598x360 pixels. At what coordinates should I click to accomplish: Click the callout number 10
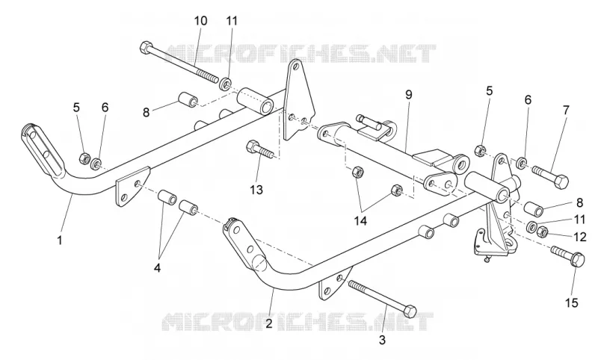200,21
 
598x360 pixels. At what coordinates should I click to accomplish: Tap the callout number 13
256,189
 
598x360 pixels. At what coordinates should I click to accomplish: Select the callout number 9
409,94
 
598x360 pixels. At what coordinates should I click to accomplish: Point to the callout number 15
572,302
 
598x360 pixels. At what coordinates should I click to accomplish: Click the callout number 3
383,340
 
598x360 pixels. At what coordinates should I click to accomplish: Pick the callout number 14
360,220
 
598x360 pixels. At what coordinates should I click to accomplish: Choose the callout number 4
157,268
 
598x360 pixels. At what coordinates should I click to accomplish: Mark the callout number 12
580,237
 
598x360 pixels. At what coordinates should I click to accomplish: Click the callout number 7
566,111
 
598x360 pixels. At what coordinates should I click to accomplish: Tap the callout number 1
60,240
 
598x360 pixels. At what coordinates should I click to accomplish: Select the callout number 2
269,324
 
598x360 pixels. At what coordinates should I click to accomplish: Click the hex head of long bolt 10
147,48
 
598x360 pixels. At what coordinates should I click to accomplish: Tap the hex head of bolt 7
560,181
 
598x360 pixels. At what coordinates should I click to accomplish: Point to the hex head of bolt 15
579,259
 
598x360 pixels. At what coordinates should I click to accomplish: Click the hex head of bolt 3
410,311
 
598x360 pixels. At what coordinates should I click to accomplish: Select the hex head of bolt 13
253,146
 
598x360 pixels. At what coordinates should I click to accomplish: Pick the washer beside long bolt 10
226,84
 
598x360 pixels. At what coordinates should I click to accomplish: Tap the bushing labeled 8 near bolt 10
188,99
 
